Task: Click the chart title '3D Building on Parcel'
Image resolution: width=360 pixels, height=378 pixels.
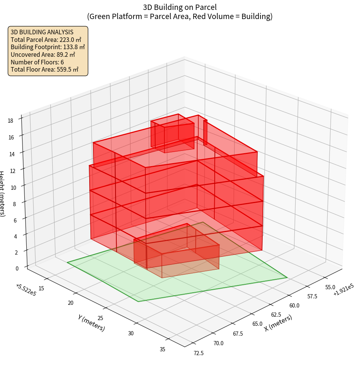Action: (180, 7)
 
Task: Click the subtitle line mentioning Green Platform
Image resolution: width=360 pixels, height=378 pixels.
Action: (180, 16)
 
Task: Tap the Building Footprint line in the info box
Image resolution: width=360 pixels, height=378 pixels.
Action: (48, 47)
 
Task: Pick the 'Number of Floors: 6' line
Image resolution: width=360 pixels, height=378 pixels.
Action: (37, 62)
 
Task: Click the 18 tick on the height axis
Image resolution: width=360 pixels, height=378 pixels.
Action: (10, 121)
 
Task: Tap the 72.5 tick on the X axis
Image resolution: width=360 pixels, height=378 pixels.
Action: (198, 353)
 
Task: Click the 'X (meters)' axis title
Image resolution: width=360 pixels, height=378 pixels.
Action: (278, 323)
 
